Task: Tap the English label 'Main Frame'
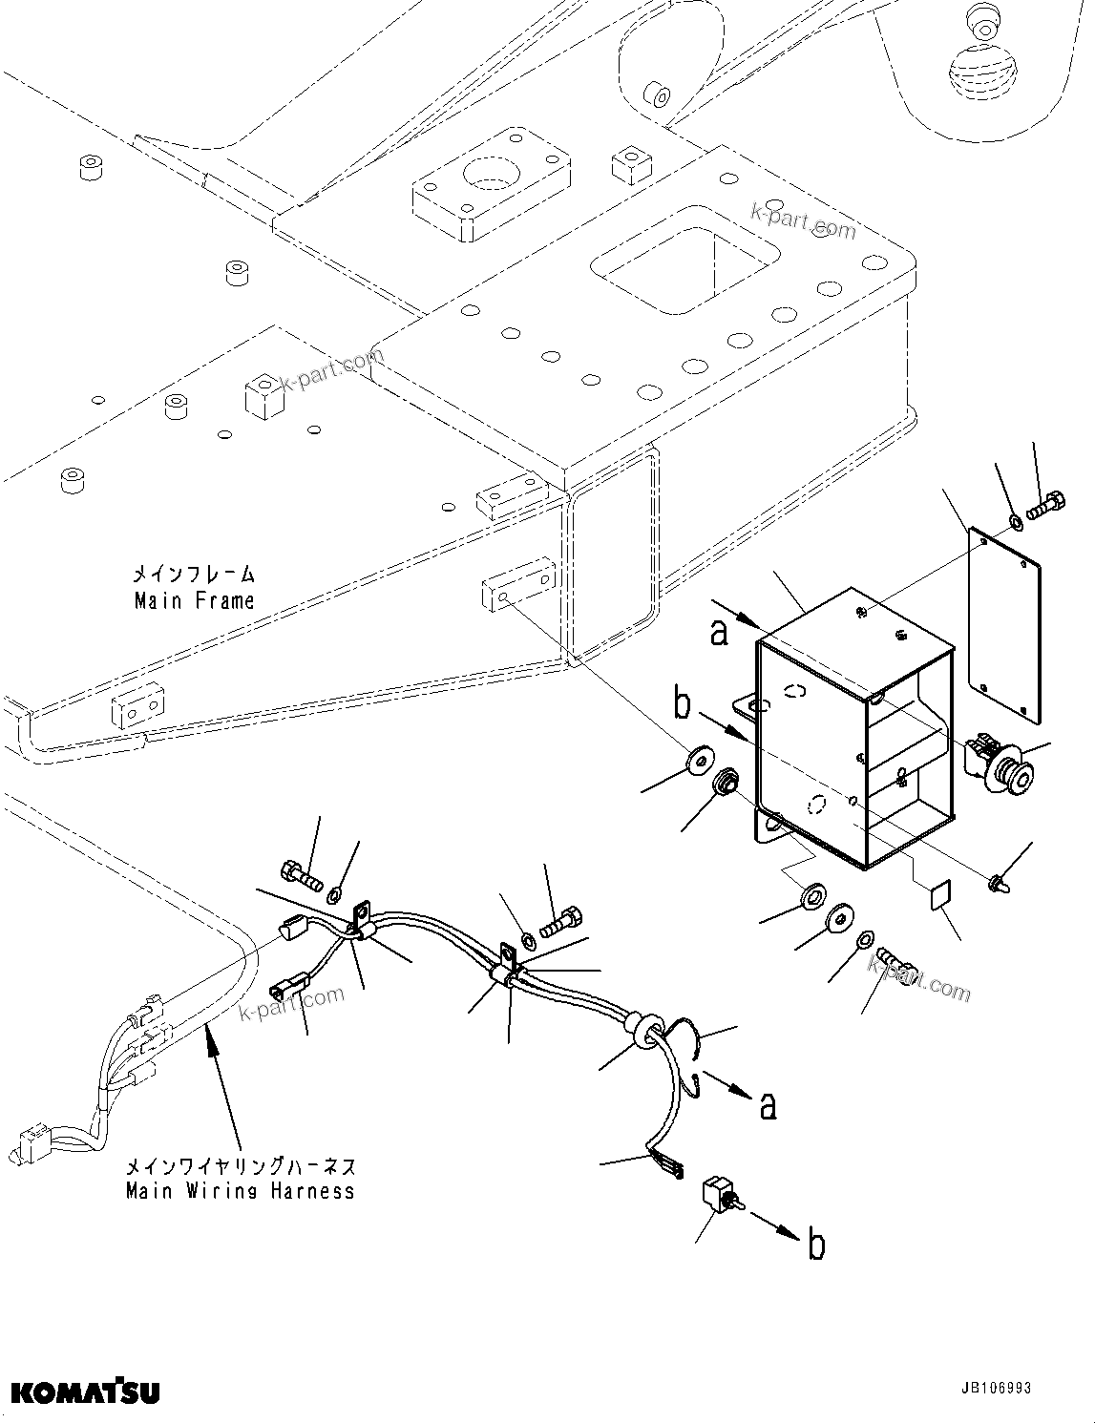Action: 195,600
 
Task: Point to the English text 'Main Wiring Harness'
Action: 240,1190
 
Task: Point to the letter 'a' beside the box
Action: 719,631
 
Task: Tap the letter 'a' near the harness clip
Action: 768,1105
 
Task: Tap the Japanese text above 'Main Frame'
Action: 194,575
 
